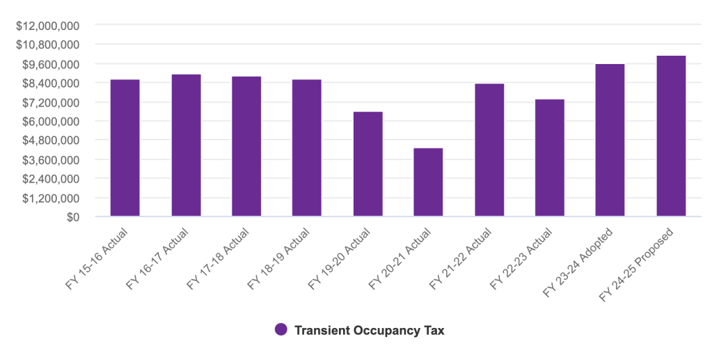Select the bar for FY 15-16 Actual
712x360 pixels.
[125, 148]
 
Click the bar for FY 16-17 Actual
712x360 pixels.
[186, 146]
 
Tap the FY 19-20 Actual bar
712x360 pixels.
[367, 164]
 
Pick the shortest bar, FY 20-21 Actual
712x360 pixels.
[428, 182]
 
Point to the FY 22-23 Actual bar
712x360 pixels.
[549, 158]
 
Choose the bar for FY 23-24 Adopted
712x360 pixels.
[610, 140]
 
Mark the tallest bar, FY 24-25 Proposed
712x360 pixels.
[671, 136]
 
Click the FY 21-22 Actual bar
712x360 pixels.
[489, 150]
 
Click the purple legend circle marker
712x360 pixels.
[280, 329]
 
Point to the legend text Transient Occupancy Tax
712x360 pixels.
[369, 330]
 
